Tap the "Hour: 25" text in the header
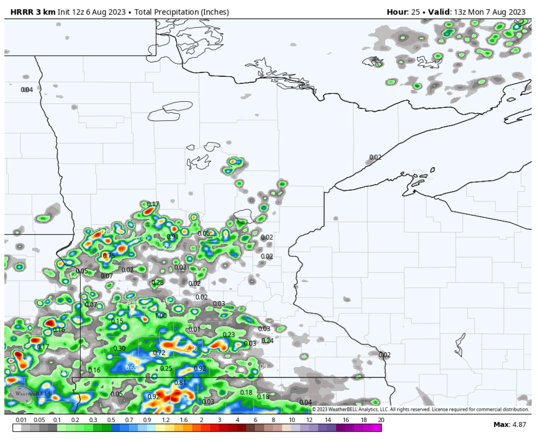tap(403, 12)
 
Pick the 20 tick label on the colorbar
tap(381, 420)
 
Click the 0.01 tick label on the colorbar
tap(21, 420)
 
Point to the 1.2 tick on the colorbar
tap(166, 420)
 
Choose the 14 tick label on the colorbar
tap(327, 420)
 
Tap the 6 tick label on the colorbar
tap(255, 420)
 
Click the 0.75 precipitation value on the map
tap(109, 256)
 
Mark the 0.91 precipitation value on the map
tap(173, 237)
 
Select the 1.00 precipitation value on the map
tap(161, 316)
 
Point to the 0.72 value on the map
tap(159, 353)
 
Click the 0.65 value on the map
tap(131, 368)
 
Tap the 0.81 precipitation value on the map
tap(180, 383)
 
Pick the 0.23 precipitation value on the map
tap(229, 335)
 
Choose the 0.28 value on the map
tap(158, 283)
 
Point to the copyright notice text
tap(420, 409)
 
